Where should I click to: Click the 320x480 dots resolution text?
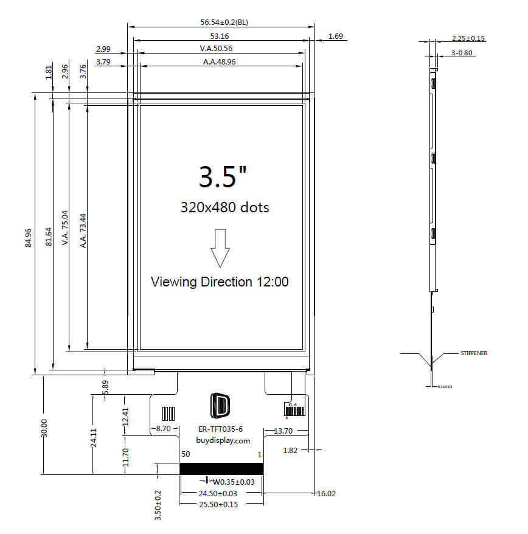[224, 207]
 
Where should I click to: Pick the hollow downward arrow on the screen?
[220, 248]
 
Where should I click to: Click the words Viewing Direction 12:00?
[220, 282]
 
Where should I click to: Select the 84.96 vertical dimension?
[28, 238]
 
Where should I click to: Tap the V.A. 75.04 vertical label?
[64, 228]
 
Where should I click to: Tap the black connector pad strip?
[221, 468]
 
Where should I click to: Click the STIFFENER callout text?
[474, 353]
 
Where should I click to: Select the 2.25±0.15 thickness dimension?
[468, 38]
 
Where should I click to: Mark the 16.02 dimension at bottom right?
[325, 494]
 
